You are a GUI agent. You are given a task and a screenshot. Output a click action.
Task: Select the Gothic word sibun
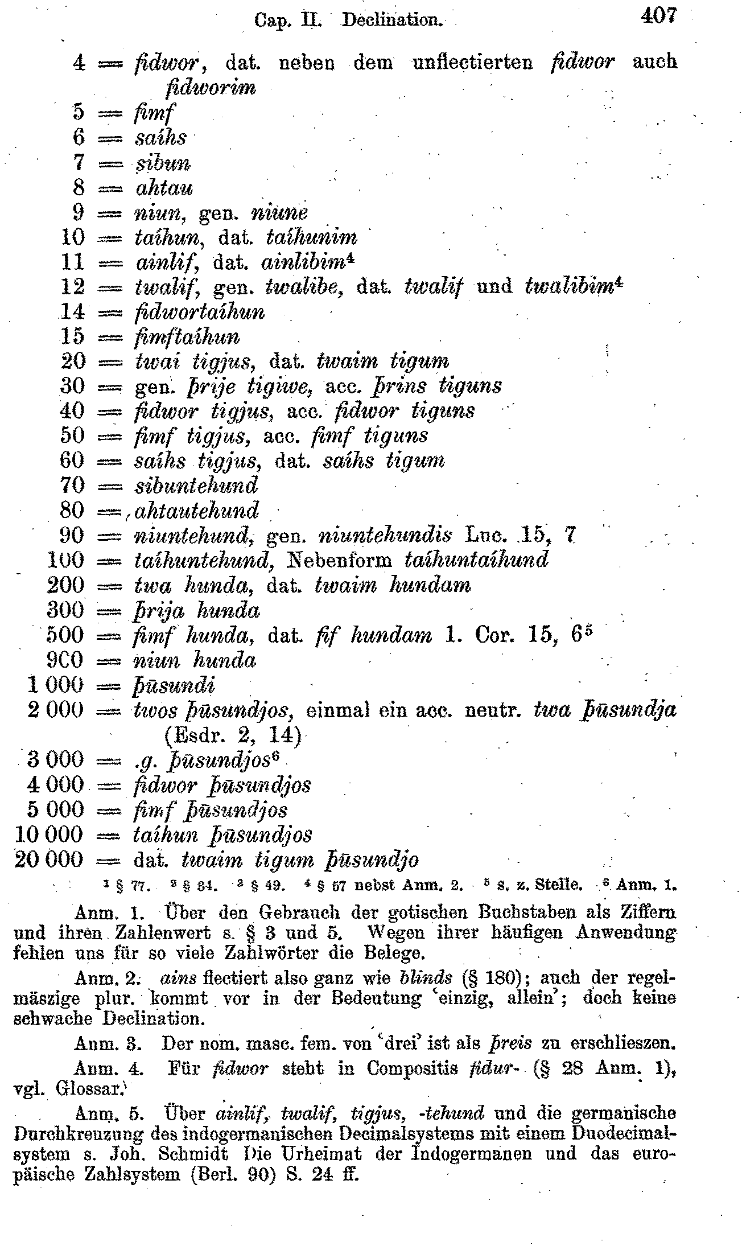tap(163, 163)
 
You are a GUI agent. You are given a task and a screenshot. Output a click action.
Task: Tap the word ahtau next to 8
tap(164, 188)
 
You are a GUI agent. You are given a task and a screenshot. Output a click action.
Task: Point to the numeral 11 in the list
tap(72, 262)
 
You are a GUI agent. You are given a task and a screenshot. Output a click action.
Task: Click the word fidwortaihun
tap(200, 312)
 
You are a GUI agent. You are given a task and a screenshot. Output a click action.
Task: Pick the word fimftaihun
tap(187, 337)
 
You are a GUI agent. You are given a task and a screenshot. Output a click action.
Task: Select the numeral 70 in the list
tap(72, 486)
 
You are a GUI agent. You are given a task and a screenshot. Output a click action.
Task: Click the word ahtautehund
tap(197, 511)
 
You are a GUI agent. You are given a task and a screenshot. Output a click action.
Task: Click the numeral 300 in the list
tap(65, 610)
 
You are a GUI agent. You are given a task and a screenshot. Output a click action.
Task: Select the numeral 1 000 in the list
tap(55, 685)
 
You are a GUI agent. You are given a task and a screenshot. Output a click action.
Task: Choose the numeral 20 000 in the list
tap(48, 860)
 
